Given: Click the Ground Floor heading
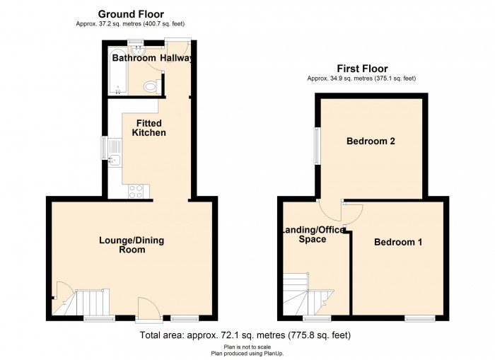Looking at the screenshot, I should pyautogui.click(x=131, y=13).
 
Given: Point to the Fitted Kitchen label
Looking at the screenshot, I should pyautogui.click(x=149, y=128).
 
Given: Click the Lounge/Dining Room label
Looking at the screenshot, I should pyautogui.click(x=132, y=245).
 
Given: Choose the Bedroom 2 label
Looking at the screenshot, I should pyautogui.click(x=370, y=141).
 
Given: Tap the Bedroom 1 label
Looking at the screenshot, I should pyautogui.click(x=398, y=242).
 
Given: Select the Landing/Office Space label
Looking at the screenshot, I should pyautogui.click(x=313, y=235).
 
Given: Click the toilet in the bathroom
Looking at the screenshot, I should pyautogui.click(x=150, y=86).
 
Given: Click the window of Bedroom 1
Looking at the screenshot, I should pyautogui.click(x=419, y=318).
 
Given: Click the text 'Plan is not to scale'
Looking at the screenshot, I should pyautogui.click(x=247, y=347).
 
